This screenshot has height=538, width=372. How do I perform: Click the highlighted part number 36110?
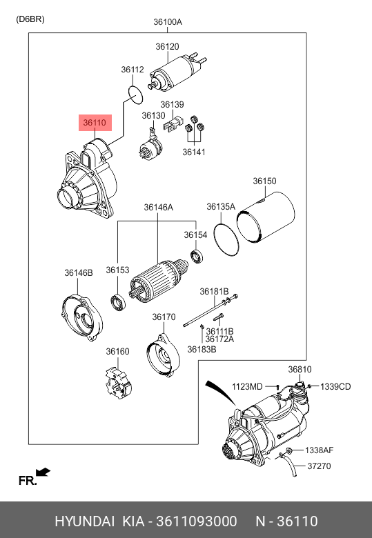coord(95,123)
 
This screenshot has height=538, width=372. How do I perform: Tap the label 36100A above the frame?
coord(168,22)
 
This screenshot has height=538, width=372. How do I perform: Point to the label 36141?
coord(194,152)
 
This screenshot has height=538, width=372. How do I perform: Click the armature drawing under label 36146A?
coord(158,281)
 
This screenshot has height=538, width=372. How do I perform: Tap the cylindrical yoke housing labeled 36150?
coord(266,217)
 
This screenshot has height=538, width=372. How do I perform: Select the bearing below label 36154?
coord(197,257)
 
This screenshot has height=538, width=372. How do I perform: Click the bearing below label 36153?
coord(118,303)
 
